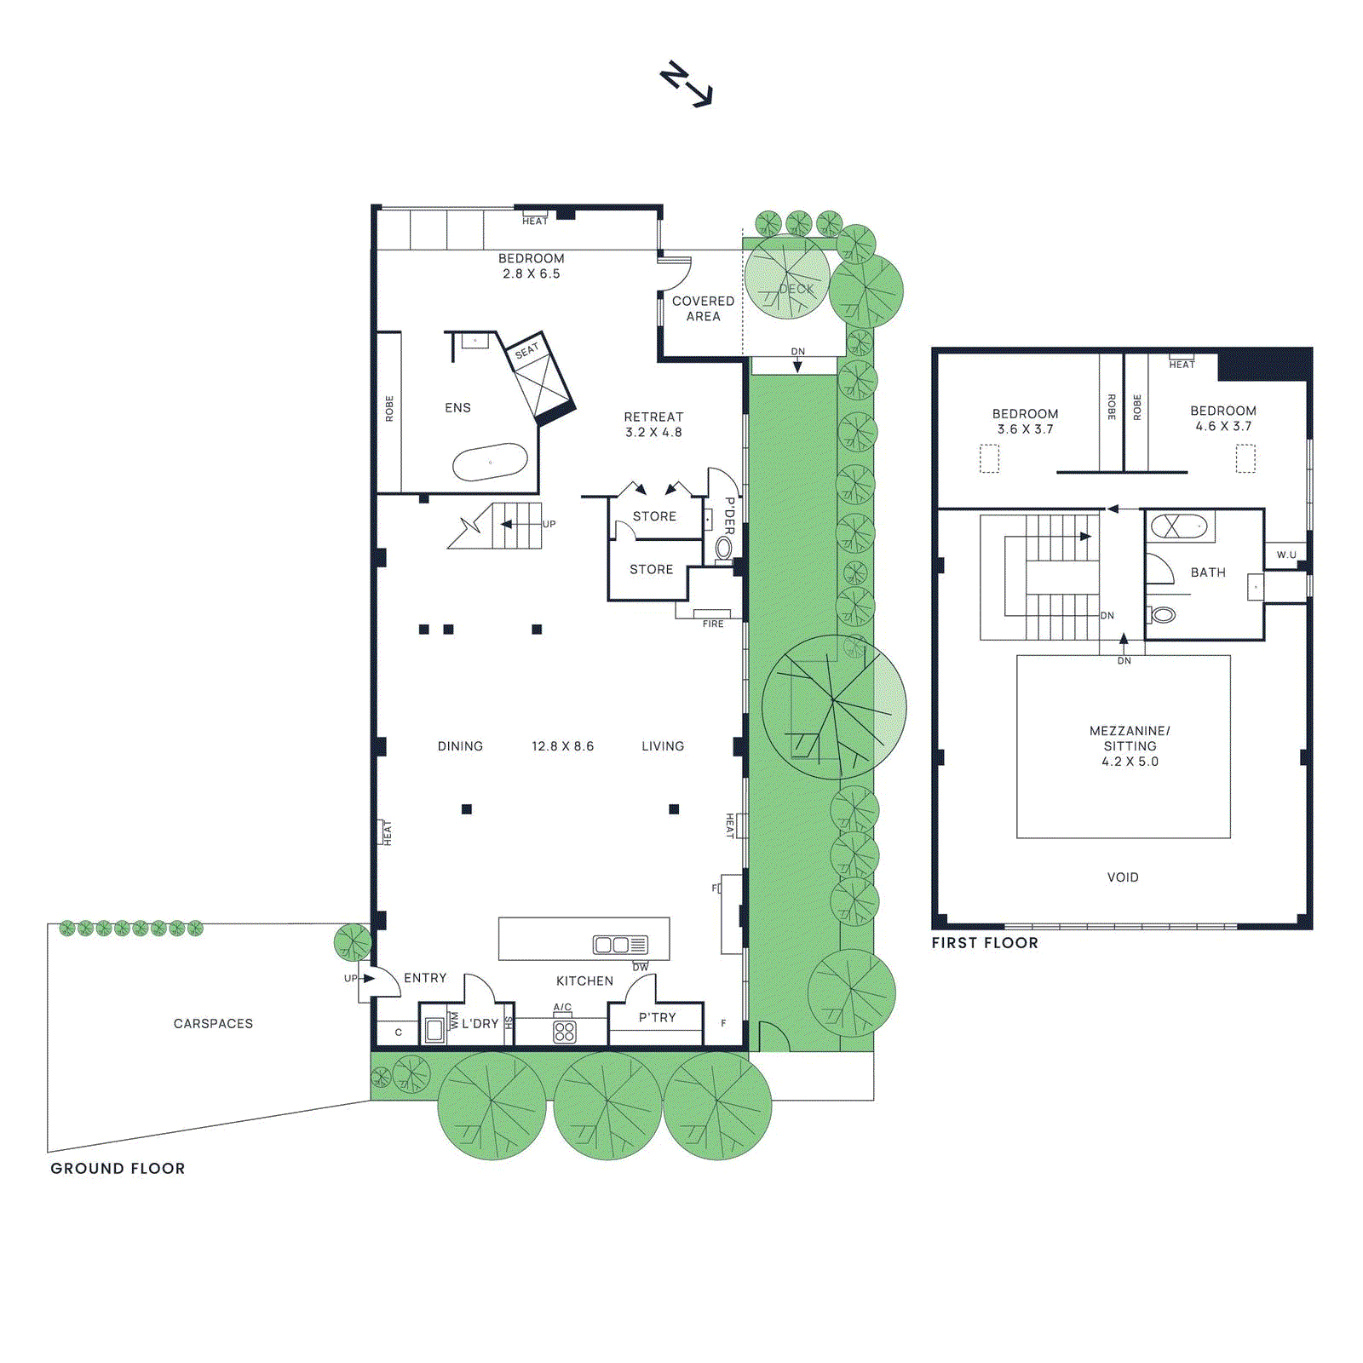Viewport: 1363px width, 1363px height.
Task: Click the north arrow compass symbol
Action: pyautogui.click(x=687, y=83)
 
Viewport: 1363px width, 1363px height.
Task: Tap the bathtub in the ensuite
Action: pyautogui.click(x=490, y=463)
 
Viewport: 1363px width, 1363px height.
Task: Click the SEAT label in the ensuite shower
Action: pyautogui.click(x=526, y=350)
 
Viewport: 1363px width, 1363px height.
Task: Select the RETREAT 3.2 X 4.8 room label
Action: pyautogui.click(x=653, y=424)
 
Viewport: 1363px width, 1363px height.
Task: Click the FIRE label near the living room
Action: pyautogui.click(x=713, y=624)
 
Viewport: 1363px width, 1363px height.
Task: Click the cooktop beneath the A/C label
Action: pyautogui.click(x=564, y=1032)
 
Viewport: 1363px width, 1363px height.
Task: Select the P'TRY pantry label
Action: pyautogui.click(x=657, y=1017)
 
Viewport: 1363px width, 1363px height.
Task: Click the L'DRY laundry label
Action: pyautogui.click(x=480, y=1023)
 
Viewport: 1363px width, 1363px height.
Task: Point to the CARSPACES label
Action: pyautogui.click(x=213, y=1023)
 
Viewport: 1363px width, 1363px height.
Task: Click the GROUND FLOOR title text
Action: pyautogui.click(x=118, y=1168)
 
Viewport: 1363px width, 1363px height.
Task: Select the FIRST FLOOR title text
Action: pyautogui.click(x=985, y=943)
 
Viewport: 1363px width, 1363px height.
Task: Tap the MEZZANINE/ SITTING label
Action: pyautogui.click(x=1130, y=745)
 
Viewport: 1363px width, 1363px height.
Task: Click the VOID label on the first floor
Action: pyautogui.click(x=1123, y=877)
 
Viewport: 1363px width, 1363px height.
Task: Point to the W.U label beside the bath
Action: pyautogui.click(x=1286, y=555)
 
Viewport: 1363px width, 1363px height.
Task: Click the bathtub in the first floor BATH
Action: pyautogui.click(x=1179, y=526)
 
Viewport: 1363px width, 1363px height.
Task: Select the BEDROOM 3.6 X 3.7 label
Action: pyautogui.click(x=1025, y=421)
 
